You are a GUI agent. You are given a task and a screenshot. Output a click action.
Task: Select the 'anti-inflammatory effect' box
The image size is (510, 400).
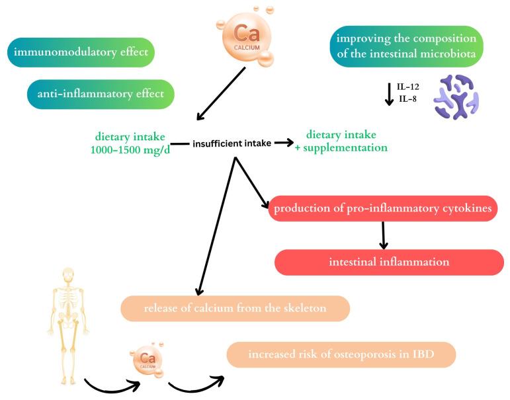click(x=101, y=94)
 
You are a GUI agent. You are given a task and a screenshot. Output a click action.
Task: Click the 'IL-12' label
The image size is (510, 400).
click(x=406, y=87)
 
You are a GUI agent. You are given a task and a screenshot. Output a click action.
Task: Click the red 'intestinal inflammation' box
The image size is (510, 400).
click(x=389, y=262)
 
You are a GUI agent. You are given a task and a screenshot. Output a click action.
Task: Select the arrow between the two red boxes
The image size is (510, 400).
click(x=383, y=235)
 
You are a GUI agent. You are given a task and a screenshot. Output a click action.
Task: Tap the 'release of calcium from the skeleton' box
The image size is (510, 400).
click(x=235, y=308)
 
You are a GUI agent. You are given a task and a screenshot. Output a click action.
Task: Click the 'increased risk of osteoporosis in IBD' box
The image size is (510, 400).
click(x=341, y=354)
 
